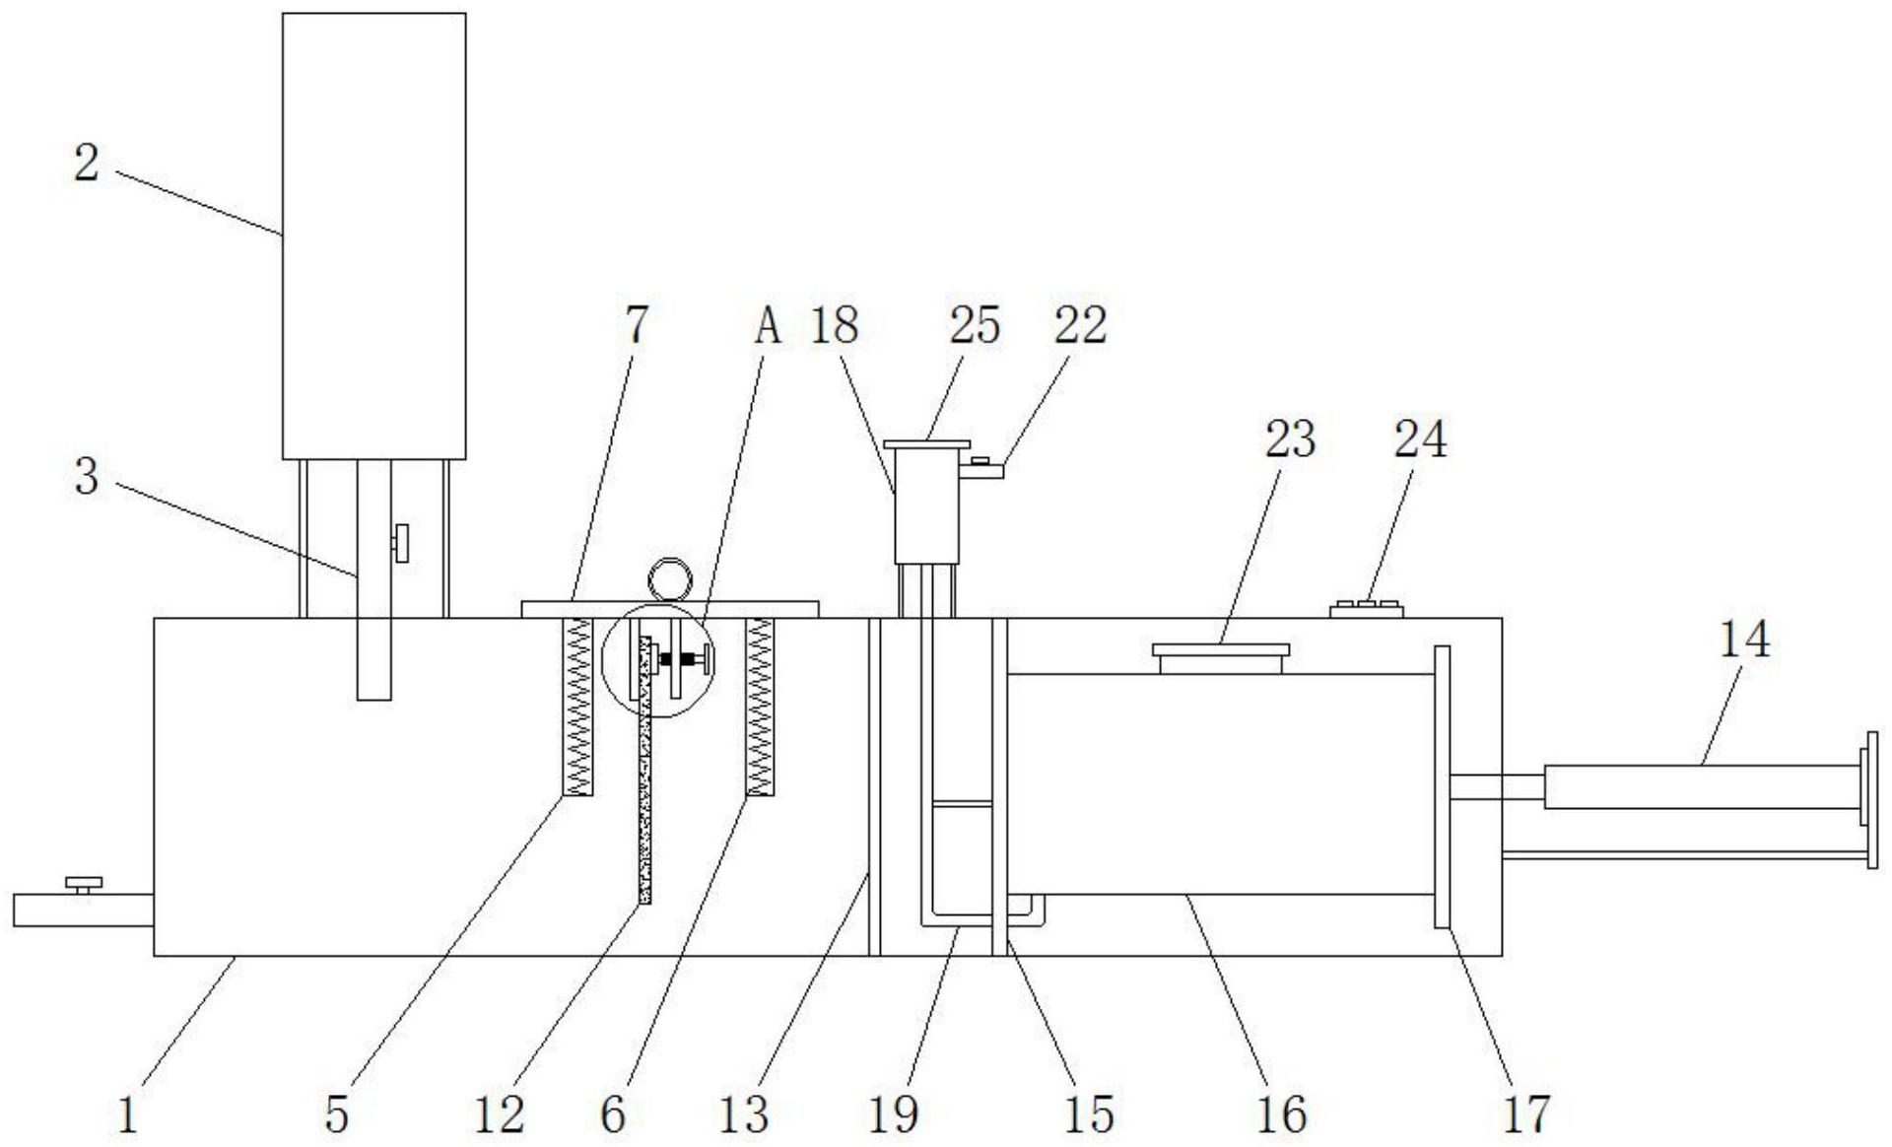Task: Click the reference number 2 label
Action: point(87,164)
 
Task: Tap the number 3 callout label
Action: point(87,477)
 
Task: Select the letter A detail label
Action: point(768,326)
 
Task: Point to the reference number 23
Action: point(1290,439)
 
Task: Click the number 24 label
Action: point(1420,439)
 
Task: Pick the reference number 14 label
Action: point(1744,641)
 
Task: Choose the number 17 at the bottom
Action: point(1526,1114)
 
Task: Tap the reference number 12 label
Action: point(499,1114)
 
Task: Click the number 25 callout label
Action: point(975,326)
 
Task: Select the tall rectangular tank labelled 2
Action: point(373,236)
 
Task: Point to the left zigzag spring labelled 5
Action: point(577,706)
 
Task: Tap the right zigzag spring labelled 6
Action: point(760,706)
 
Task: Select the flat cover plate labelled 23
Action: point(1220,650)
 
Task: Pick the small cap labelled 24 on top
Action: point(1366,608)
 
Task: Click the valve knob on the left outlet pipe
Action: point(84,883)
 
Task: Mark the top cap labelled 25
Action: point(926,445)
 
